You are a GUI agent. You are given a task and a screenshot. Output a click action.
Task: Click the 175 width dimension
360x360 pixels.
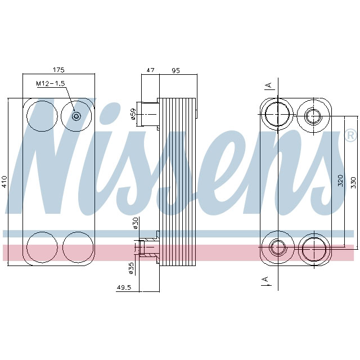pyautogui.click(x=58, y=70)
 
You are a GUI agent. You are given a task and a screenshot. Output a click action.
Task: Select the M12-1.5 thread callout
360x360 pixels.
pyautogui.click(x=51, y=83)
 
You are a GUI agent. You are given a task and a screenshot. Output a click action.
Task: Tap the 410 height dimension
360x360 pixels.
pyautogui.click(x=4, y=181)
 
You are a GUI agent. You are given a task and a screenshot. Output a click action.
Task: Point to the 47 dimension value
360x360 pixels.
pyautogui.click(x=150, y=70)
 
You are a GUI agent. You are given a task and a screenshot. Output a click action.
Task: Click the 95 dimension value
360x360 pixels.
pyautogui.click(x=175, y=70)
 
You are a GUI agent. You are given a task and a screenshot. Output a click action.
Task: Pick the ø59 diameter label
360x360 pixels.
pyautogui.click(x=133, y=114)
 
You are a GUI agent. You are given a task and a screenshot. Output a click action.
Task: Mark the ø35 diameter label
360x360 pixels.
pyautogui.click(x=132, y=268)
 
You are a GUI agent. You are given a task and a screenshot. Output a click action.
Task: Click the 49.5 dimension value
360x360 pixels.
pyautogui.click(x=124, y=287)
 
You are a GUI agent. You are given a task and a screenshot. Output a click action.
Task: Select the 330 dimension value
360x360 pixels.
pyautogui.click(x=353, y=182)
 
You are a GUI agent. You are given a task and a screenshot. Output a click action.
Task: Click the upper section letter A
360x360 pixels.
pyautogui.click(x=269, y=85)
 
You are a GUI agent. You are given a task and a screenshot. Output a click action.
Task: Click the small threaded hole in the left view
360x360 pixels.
pyautogui.click(x=77, y=116)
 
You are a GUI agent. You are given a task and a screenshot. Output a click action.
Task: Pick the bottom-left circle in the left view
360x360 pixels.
pyautogui.click(x=42, y=247)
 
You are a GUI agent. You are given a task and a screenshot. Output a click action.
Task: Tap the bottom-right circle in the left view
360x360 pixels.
pyautogui.click(x=77, y=247)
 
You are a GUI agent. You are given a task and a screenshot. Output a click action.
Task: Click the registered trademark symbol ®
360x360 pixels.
pyautogui.click(x=350, y=136)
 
